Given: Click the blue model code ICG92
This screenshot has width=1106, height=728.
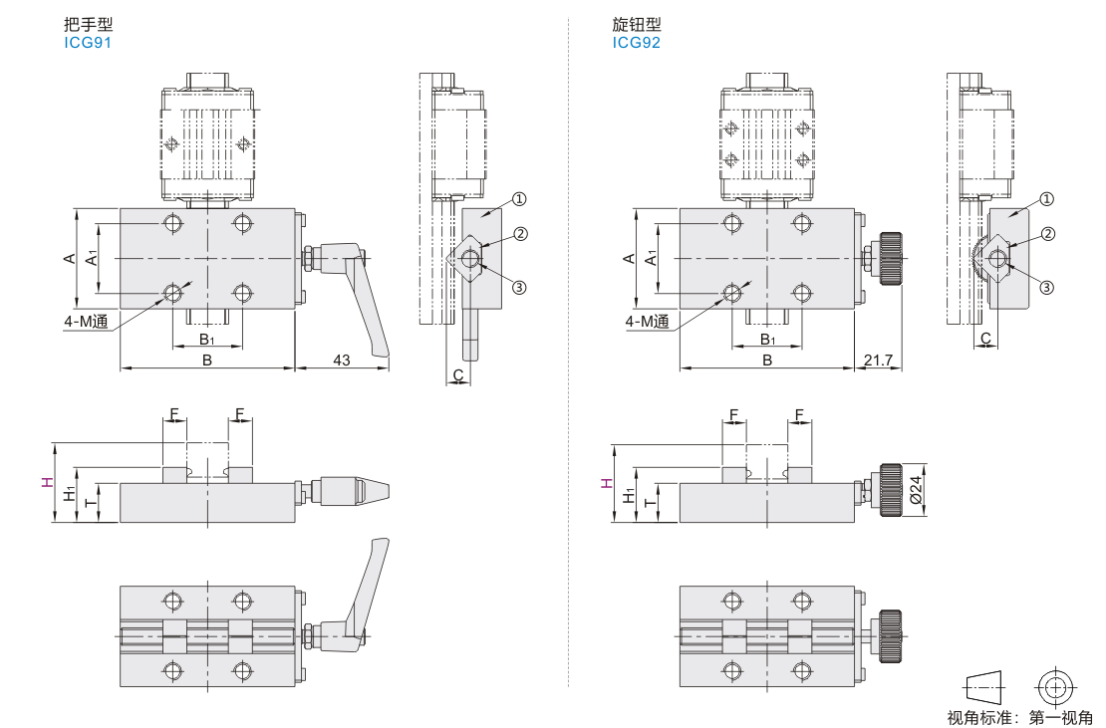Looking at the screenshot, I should point(637,43).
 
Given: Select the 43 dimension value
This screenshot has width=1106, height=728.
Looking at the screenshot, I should point(341,360).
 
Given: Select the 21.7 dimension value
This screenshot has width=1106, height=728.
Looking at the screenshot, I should point(879,360).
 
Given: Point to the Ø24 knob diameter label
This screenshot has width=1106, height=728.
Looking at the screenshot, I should point(917,490).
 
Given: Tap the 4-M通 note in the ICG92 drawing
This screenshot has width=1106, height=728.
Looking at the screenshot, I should point(647,322).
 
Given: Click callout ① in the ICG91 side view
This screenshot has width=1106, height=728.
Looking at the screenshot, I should point(519,198).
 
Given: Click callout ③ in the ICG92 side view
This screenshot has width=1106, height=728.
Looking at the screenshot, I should point(1046,287).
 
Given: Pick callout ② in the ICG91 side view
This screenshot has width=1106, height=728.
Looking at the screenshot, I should point(519,234).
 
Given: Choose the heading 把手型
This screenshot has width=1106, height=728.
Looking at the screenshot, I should point(82,25).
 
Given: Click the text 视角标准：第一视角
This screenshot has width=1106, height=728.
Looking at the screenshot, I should point(1019,716).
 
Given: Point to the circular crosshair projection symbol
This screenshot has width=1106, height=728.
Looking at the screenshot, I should point(1057,686).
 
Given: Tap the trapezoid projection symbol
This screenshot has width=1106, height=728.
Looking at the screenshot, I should point(983,686).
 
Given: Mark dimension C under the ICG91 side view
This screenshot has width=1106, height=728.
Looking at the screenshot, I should point(458,374).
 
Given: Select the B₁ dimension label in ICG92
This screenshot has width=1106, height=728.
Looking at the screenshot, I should point(768,340).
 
